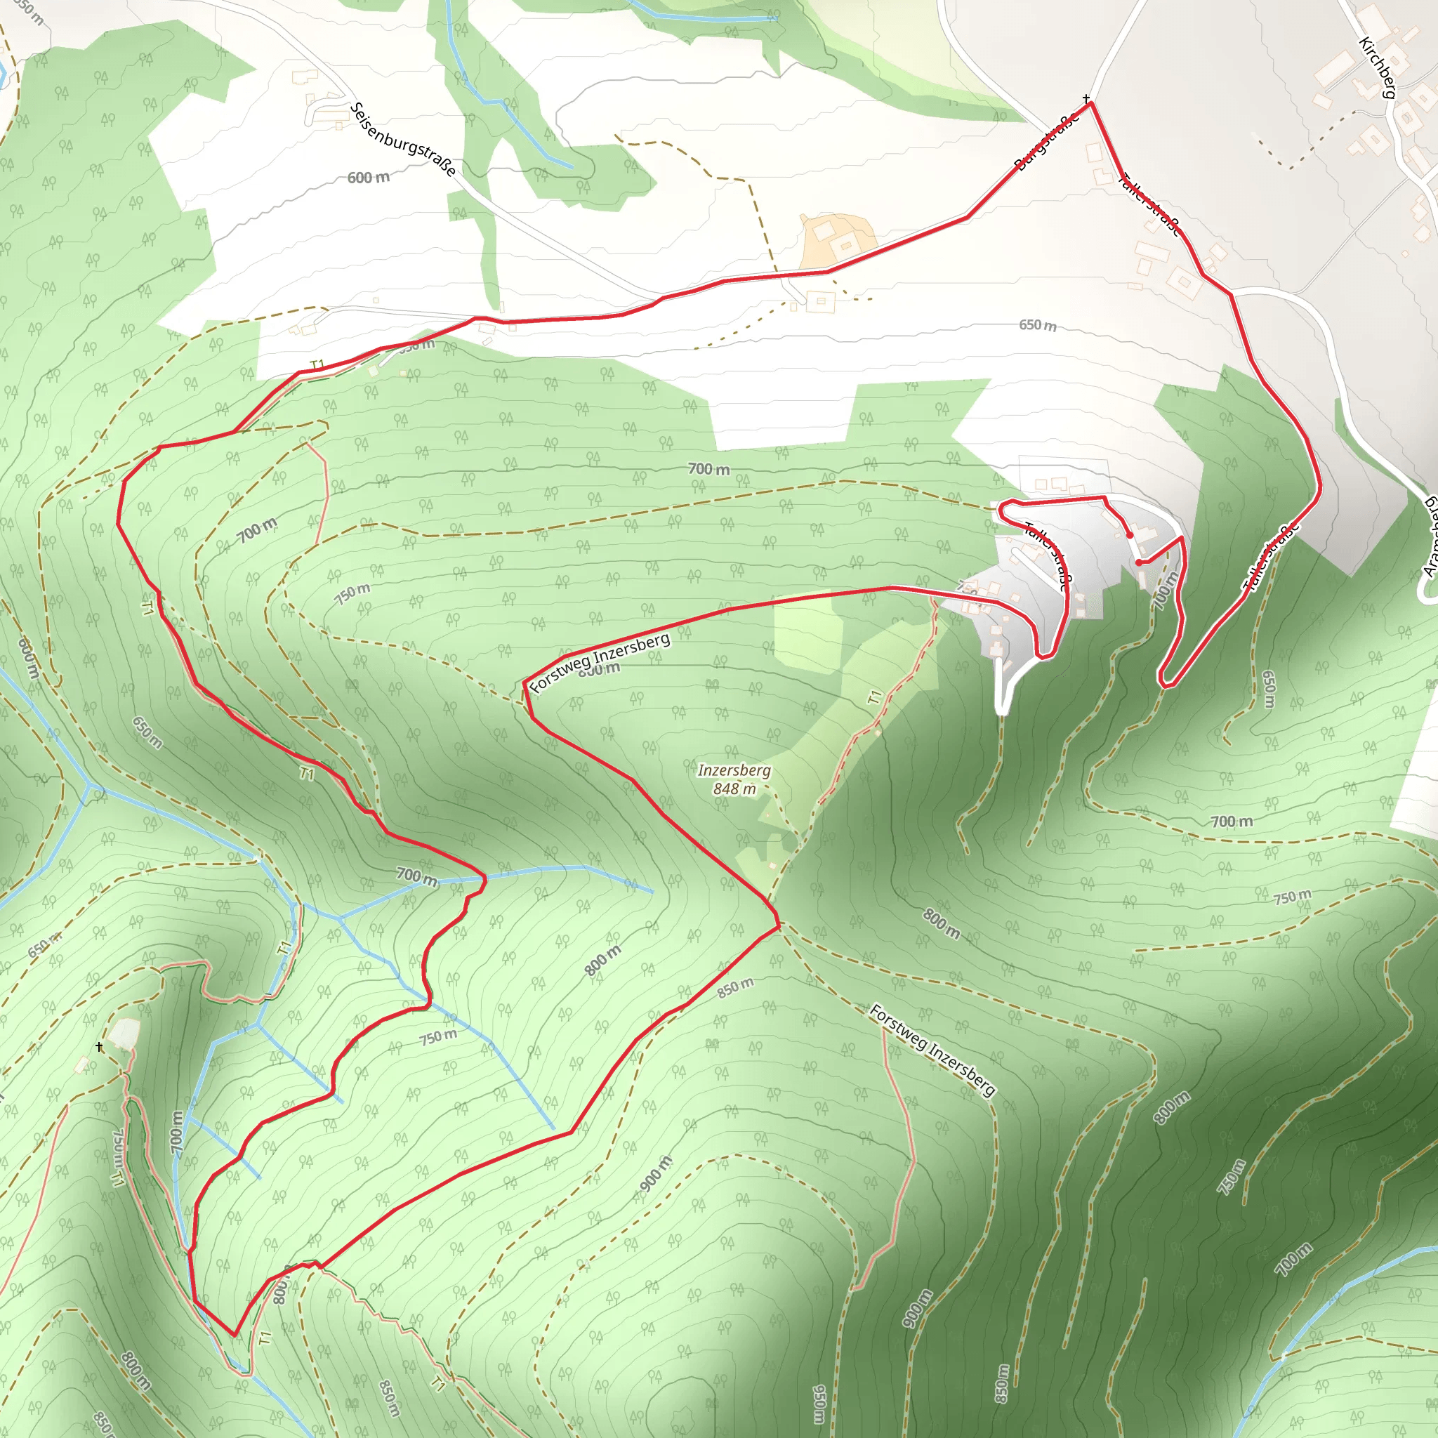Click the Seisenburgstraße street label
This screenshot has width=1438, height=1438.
402,139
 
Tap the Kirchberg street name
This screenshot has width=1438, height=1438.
1377,67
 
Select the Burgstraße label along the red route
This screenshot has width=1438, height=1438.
1046,141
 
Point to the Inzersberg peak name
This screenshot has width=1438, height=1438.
734,770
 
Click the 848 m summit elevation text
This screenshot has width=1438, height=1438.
734,789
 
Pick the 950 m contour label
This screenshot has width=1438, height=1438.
819,1403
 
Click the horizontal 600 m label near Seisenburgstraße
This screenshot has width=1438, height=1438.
369,177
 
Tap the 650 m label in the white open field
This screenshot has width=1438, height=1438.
1038,325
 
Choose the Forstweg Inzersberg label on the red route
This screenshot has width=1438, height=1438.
600,662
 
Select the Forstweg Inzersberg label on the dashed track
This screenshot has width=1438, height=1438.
932,1050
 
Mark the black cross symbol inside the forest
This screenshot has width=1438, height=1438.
100,1047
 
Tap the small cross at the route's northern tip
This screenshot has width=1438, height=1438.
1087,98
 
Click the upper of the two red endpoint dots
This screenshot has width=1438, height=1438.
1130,535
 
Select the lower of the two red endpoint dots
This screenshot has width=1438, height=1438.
1139,562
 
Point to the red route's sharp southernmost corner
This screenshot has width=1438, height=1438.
235,1335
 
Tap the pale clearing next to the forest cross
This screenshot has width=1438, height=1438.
124,1033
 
